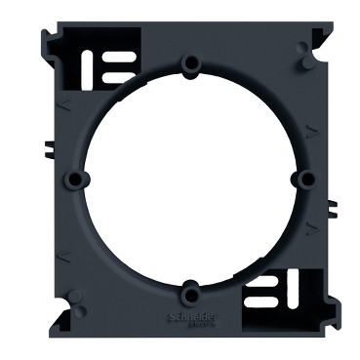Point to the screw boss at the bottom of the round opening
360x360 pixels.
pyautogui.click(x=191, y=288)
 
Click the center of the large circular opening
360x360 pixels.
pyautogui.click(x=188, y=177)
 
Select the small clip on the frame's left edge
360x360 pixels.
pyautogui.click(x=45, y=152)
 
